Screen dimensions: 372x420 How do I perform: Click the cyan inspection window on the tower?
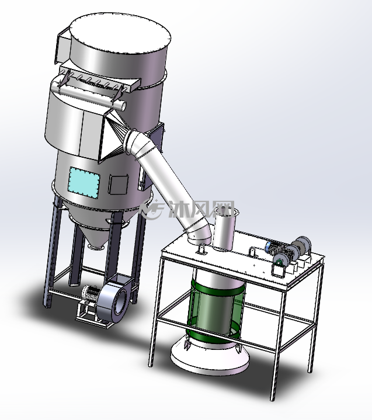pos(84,183)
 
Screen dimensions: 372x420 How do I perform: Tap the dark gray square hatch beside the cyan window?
pos(118,184)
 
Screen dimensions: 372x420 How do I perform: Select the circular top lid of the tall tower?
pos(120,33)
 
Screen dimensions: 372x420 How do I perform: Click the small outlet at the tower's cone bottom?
pos(96,247)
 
